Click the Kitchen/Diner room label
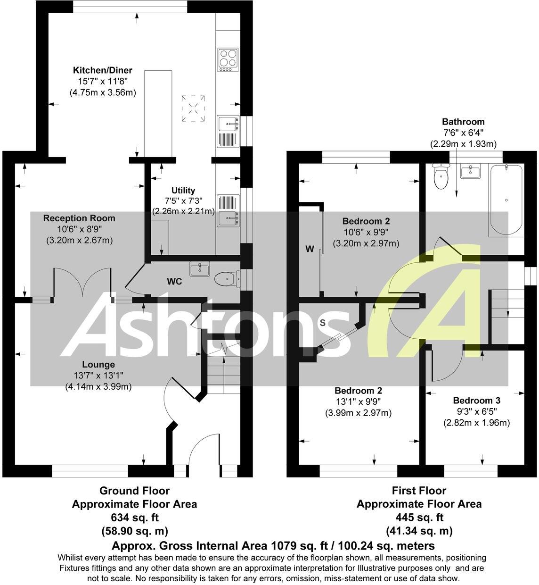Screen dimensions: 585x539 click(x=102, y=71)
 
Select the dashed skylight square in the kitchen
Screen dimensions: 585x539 click(x=193, y=108)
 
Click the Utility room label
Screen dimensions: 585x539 click(x=183, y=191)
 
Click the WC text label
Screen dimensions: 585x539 click(x=174, y=282)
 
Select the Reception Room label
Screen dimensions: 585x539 click(x=79, y=218)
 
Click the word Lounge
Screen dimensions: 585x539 click(x=98, y=365)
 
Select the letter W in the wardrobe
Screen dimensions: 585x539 click(x=310, y=249)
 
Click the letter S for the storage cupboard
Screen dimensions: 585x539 click(x=323, y=323)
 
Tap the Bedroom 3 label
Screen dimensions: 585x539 click(x=476, y=399)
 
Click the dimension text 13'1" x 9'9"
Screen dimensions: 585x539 click(x=358, y=402)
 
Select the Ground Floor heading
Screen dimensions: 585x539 click(x=134, y=491)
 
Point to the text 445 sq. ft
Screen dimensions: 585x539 click(x=418, y=518)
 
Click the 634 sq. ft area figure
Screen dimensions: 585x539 click(x=134, y=518)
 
